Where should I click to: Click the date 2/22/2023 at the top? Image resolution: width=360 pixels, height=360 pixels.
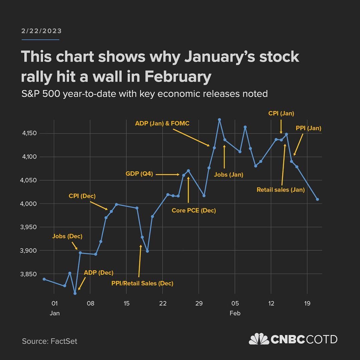[x=41, y=31]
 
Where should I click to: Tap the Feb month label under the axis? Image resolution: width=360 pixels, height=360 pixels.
[x=235, y=314]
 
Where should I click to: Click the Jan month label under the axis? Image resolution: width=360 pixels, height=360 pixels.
[x=55, y=314]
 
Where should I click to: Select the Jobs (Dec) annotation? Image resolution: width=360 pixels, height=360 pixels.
[x=67, y=236]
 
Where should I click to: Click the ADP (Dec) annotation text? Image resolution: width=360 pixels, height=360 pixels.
[x=98, y=273]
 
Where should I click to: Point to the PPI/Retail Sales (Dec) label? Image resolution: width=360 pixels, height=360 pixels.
[x=142, y=284]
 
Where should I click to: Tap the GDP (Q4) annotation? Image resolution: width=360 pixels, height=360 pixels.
[x=139, y=173]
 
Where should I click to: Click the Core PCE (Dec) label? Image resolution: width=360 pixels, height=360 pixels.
[x=194, y=211]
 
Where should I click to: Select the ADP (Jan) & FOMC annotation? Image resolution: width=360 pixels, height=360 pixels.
[x=162, y=123]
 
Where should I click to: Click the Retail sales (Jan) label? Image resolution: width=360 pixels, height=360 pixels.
[x=281, y=190]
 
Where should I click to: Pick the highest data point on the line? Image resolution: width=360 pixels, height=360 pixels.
[x=219, y=119]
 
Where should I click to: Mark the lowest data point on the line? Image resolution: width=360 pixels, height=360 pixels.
[x=75, y=293]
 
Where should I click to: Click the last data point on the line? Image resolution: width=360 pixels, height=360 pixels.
[x=317, y=199]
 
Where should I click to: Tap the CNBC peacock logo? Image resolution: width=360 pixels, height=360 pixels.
[x=259, y=339]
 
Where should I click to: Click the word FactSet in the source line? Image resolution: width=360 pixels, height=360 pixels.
[x=64, y=341]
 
